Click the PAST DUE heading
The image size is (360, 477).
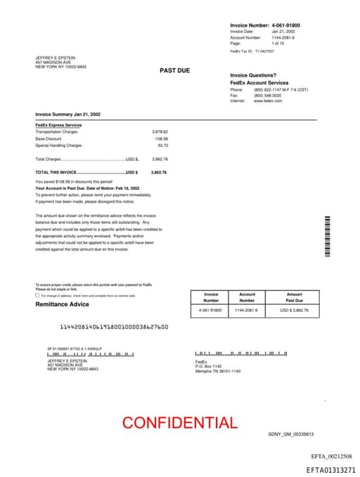[x=174, y=70]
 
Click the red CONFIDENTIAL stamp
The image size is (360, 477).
[x=179, y=422]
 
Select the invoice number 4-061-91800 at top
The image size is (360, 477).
[x=285, y=25]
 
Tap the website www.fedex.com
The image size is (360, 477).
[x=268, y=101]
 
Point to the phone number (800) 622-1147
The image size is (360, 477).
[x=268, y=89]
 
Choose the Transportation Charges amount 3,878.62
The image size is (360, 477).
[x=160, y=132]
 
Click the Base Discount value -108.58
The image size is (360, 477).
[x=162, y=139]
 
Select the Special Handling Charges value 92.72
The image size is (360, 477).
[x=163, y=145]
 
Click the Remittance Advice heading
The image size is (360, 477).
[x=63, y=304]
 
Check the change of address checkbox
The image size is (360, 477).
[x=37, y=295]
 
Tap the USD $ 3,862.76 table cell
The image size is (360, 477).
[x=294, y=310]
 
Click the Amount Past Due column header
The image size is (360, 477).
[x=294, y=298]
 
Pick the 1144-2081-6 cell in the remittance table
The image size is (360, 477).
[x=247, y=310]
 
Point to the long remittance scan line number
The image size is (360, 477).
[x=113, y=327]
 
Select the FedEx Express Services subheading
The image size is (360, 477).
[x=58, y=125]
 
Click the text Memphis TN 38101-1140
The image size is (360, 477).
[x=218, y=371]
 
